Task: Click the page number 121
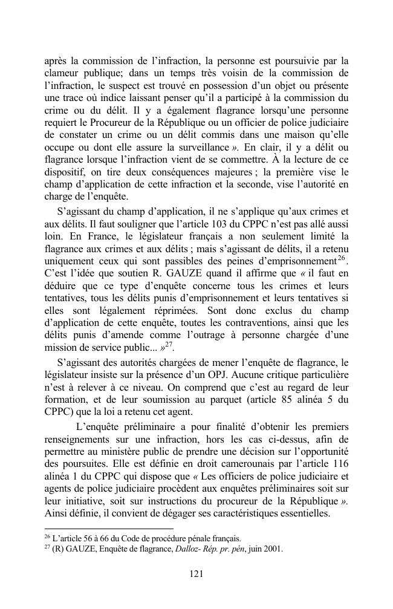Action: click(x=196, y=574)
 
